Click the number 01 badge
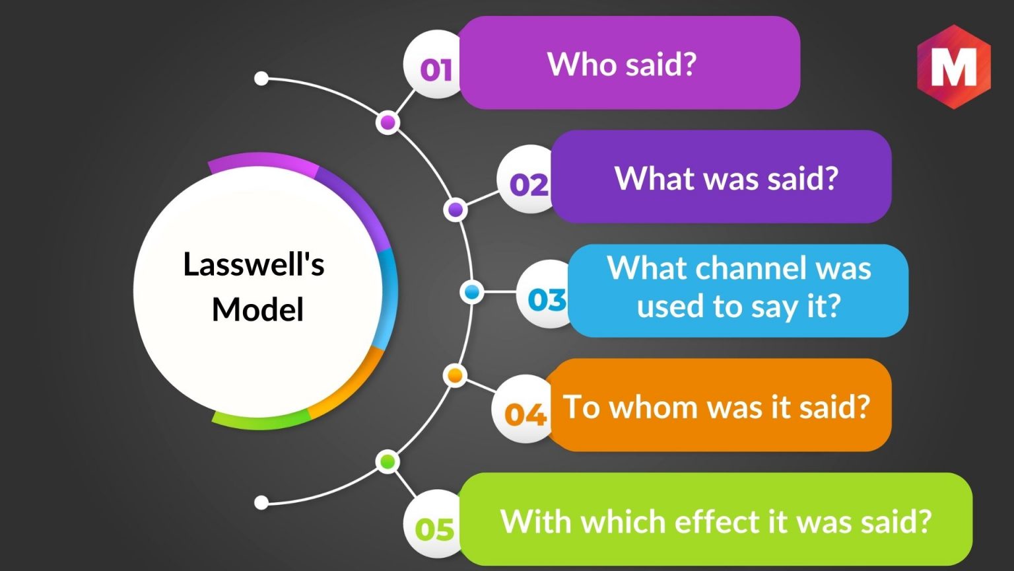click(x=432, y=64)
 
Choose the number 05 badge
click(x=432, y=523)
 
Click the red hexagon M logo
click(x=954, y=67)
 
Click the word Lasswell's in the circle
click(x=254, y=264)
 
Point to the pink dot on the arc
click(x=388, y=122)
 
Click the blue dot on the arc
click(x=472, y=292)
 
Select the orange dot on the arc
click(x=455, y=375)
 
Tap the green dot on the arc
click(x=388, y=462)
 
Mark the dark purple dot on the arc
click(x=456, y=209)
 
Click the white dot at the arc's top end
click(x=261, y=78)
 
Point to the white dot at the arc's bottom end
click(x=261, y=502)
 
